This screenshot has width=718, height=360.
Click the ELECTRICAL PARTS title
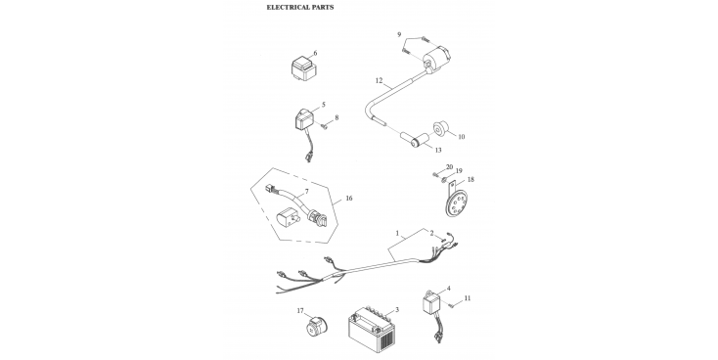tap(300, 7)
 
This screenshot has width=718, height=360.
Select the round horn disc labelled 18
tap(456, 202)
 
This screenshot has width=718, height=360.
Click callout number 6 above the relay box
tap(315, 53)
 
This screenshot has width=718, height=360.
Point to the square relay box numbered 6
tap(303, 69)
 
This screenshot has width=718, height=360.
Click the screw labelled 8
tap(325, 125)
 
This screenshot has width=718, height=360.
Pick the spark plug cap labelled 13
tap(416, 140)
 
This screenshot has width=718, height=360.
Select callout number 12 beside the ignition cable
tap(379, 80)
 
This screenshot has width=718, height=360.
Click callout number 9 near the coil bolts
tap(399, 35)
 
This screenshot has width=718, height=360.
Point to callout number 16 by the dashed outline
tap(349, 199)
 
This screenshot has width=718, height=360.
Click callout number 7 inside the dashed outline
tap(306, 191)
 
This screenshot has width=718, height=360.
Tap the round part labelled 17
tap(315, 325)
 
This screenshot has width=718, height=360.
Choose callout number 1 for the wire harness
tap(397, 233)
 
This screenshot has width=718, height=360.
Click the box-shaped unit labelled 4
tap(431, 301)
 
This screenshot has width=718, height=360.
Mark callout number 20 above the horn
tap(449, 166)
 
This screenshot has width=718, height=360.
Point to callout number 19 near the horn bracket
tap(459, 171)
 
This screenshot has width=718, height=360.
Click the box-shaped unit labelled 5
tap(305, 121)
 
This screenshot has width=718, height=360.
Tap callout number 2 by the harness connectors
tap(431, 233)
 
